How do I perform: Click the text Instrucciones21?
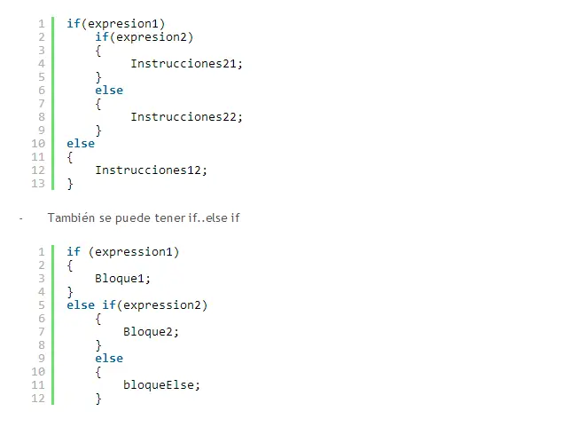pos(186,64)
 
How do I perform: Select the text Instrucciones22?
pos(186,117)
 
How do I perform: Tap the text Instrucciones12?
pos(152,170)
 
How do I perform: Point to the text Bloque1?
pos(122,279)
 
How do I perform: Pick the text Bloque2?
pos(151,332)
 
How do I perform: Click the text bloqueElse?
pos(161,384)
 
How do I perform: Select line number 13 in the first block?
pos(38,184)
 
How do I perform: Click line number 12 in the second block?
pos(38,399)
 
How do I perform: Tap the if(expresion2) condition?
pos(144,37)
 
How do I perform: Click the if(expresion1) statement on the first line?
pos(115,24)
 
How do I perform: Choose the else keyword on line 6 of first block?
pos(109,91)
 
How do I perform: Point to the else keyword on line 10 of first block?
pos(81,144)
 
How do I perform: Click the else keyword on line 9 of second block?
pos(109,358)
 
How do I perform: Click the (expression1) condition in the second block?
pos(134,252)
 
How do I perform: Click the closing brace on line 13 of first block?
pos(70,184)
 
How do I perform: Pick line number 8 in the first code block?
pos(42,117)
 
